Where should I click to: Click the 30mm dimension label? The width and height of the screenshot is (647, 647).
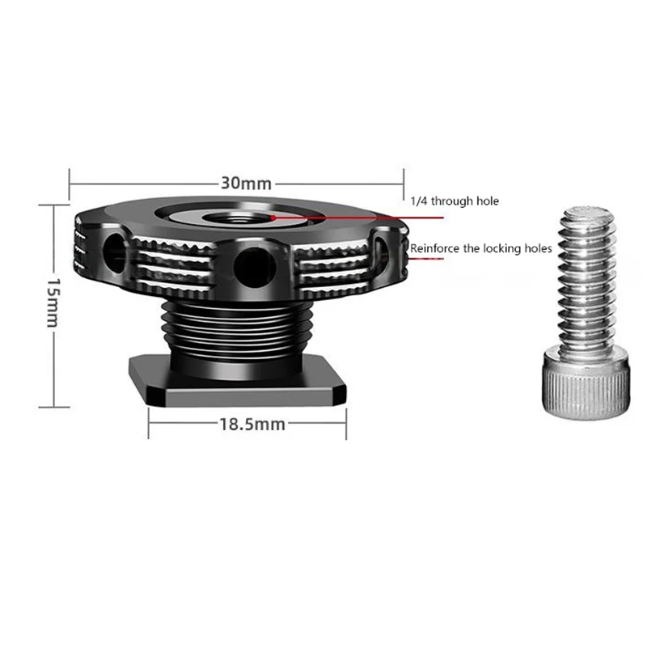click(x=247, y=184)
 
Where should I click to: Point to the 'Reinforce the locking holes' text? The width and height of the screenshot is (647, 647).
click(x=481, y=248)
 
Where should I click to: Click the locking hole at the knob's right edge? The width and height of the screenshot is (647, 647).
click(x=382, y=250)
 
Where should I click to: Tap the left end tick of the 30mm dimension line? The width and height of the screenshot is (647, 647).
click(x=70, y=182)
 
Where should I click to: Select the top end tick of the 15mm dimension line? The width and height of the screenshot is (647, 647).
click(x=53, y=205)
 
